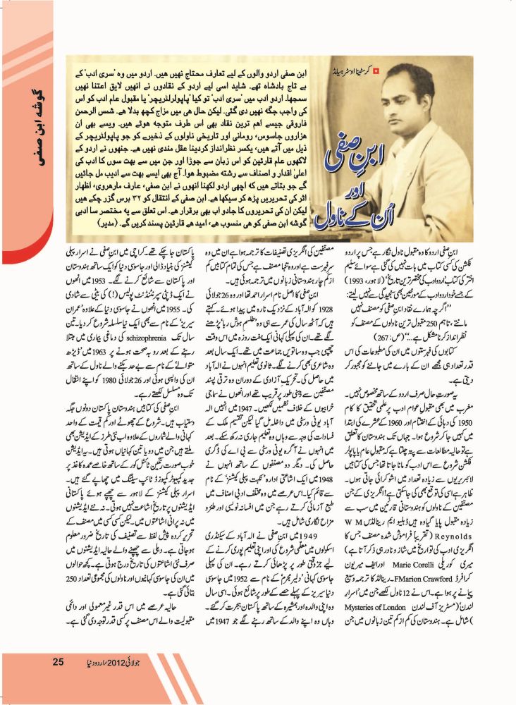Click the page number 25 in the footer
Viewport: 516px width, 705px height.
(59, 661)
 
